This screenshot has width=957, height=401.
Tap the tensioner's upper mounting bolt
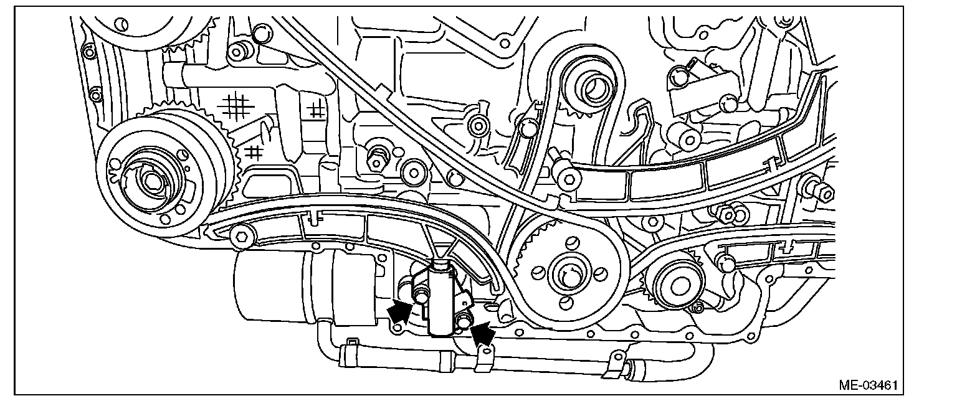click(x=421, y=298)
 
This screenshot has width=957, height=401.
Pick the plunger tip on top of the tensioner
click(x=441, y=266)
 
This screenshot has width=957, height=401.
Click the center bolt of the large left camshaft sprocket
click(x=151, y=181)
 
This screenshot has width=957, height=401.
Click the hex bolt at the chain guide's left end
click(x=241, y=235)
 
